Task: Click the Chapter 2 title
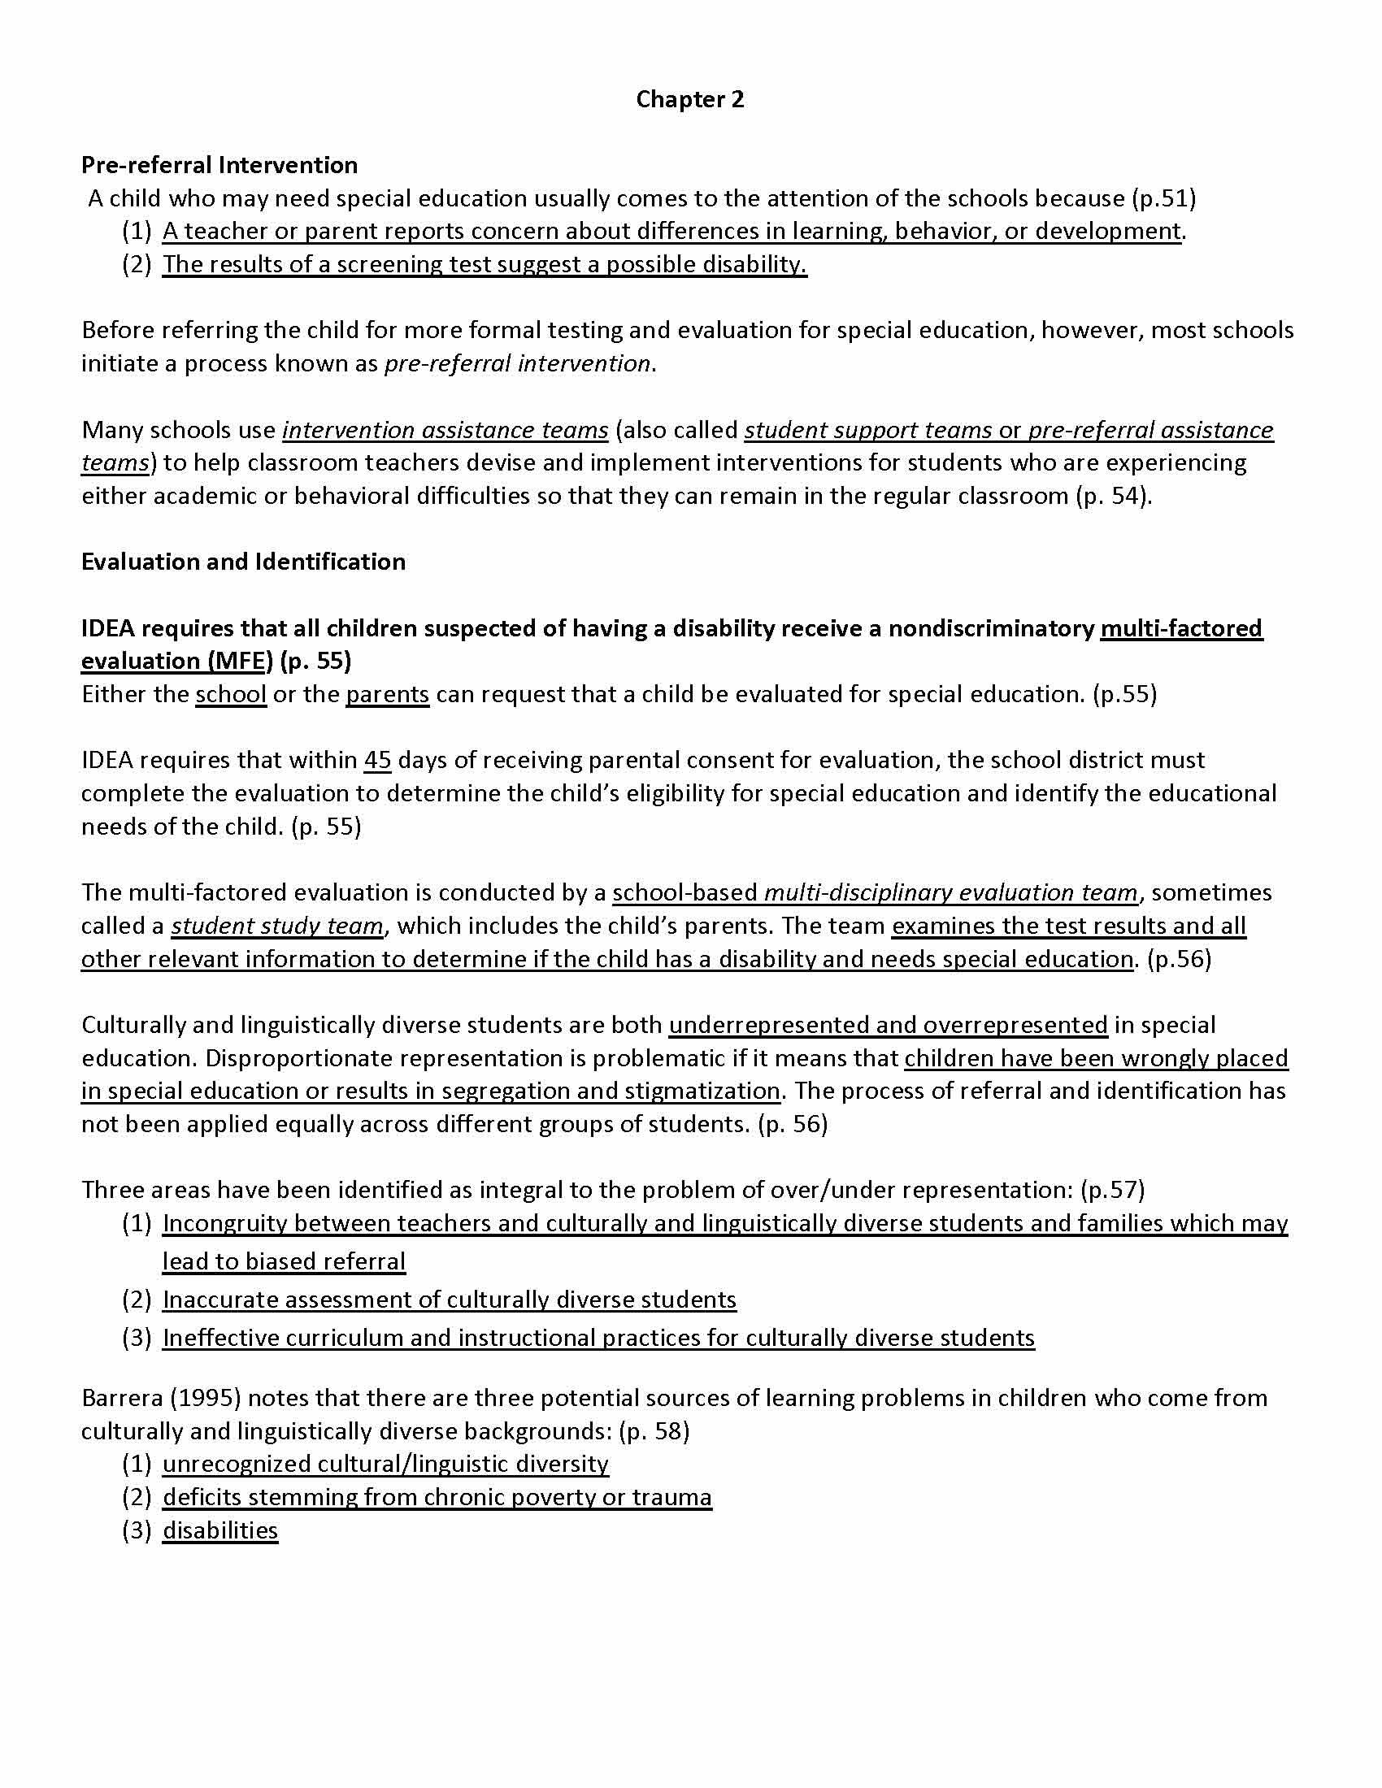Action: coord(689,99)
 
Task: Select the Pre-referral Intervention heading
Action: coord(219,164)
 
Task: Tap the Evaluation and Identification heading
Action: coord(243,562)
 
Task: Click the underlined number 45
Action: coord(377,760)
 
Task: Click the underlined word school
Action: coord(231,694)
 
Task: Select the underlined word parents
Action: coord(387,694)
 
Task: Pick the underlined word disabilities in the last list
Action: coord(220,1530)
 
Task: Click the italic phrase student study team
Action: coord(276,926)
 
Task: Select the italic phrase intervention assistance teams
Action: coord(445,430)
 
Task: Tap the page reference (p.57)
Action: coord(1113,1190)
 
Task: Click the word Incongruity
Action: coord(225,1223)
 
